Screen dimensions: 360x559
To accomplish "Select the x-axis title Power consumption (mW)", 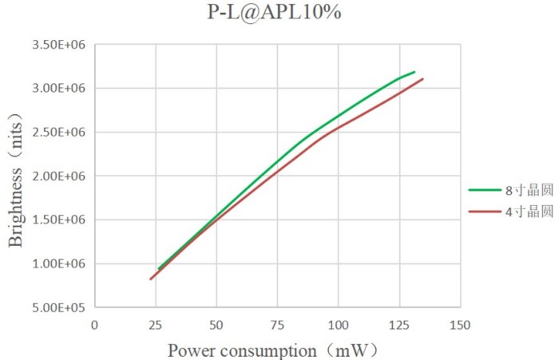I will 272,350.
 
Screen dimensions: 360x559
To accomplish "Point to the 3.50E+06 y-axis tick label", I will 59,45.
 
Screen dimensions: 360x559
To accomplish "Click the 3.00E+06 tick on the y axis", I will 59,89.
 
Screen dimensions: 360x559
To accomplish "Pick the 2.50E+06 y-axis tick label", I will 59,133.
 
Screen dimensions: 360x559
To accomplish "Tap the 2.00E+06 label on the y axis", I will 59,176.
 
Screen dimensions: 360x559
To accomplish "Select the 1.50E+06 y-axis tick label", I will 59,220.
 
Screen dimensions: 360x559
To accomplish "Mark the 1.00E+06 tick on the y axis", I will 59,264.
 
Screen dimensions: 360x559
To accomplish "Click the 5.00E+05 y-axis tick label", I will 59,307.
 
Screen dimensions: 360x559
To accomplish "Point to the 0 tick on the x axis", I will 94,325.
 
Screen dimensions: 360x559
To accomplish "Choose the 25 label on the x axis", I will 155,325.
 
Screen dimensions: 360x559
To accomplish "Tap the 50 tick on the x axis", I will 216,325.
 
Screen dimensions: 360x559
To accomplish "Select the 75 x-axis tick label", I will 277,325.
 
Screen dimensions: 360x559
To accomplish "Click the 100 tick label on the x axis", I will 338,325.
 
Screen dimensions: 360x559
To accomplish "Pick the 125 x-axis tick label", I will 398,325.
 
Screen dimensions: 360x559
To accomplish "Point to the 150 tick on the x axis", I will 460,325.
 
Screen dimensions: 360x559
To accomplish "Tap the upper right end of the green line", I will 414,72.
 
